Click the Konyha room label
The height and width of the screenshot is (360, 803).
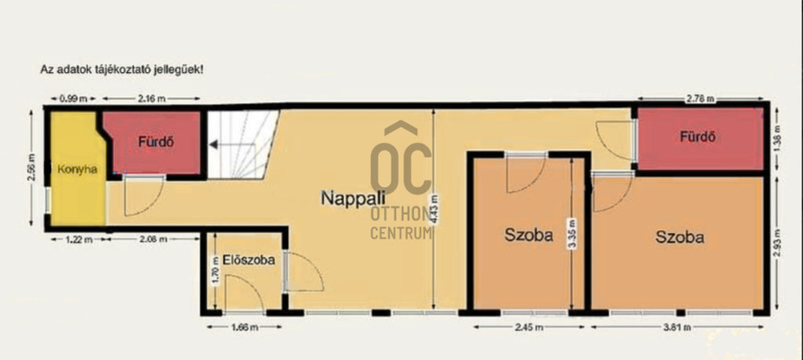tap(78, 169)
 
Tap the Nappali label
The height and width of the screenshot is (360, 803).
tap(353, 198)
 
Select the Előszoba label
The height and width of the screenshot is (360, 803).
tap(249, 260)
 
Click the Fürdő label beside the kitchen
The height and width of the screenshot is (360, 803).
tap(156, 143)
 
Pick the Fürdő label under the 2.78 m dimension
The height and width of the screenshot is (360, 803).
tap(698, 136)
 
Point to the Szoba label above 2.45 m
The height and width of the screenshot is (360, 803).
tap(529, 235)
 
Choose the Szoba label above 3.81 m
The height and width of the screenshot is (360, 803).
tap(680, 237)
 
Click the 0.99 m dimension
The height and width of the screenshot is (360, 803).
tap(71, 99)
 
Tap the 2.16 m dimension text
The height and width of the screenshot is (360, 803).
tap(152, 99)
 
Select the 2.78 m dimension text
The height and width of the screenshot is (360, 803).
tap(701, 100)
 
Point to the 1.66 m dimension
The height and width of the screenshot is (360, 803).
tap(245, 327)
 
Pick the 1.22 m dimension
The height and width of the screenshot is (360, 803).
tap(79, 239)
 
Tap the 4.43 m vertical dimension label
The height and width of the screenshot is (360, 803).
tap(434, 207)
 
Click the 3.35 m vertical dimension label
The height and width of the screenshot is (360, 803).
tap(571, 233)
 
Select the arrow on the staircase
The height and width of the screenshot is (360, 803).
tap(232, 145)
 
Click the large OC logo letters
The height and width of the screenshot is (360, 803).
tap(401, 158)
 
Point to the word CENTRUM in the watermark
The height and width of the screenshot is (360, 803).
tap(401, 234)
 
